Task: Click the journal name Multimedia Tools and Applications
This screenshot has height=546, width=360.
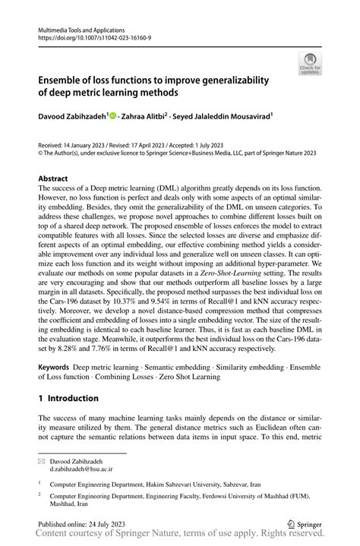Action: click(84, 26)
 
